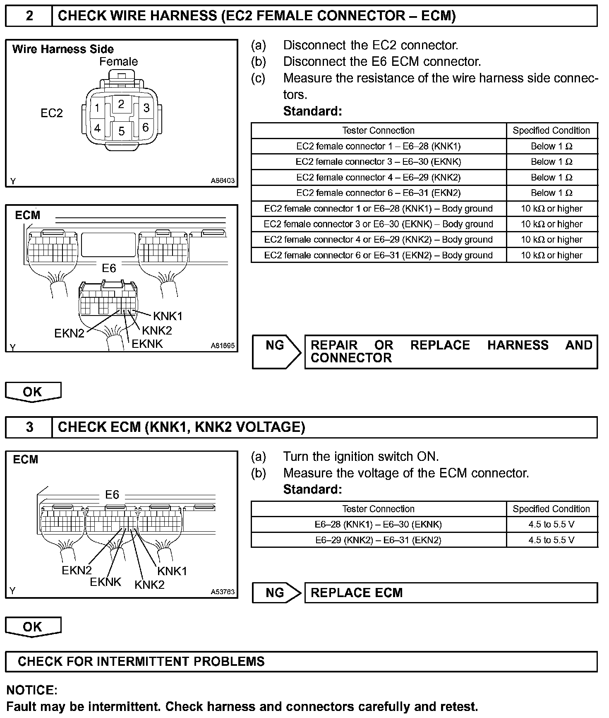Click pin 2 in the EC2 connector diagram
click(x=121, y=104)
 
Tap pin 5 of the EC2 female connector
click(x=121, y=131)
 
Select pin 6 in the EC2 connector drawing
click(x=145, y=127)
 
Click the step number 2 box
click(x=29, y=16)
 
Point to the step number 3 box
click(x=29, y=427)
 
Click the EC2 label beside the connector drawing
click(x=52, y=113)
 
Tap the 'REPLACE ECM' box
click(x=451, y=593)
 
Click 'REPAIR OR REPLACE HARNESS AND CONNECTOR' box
click(x=451, y=352)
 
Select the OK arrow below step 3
click(x=33, y=627)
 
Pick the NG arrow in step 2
click(x=276, y=352)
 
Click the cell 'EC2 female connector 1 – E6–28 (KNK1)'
click(x=379, y=146)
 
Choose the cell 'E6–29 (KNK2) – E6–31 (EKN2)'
click(x=379, y=540)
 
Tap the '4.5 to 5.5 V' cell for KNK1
click(x=551, y=524)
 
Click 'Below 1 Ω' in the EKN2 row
click(x=551, y=193)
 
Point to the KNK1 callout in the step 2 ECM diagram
click(x=168, y=316)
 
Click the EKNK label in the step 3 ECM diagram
click(x=105, y=582)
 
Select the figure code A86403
click(x=223, y=181)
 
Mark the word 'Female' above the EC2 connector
click(x=118, y=62)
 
